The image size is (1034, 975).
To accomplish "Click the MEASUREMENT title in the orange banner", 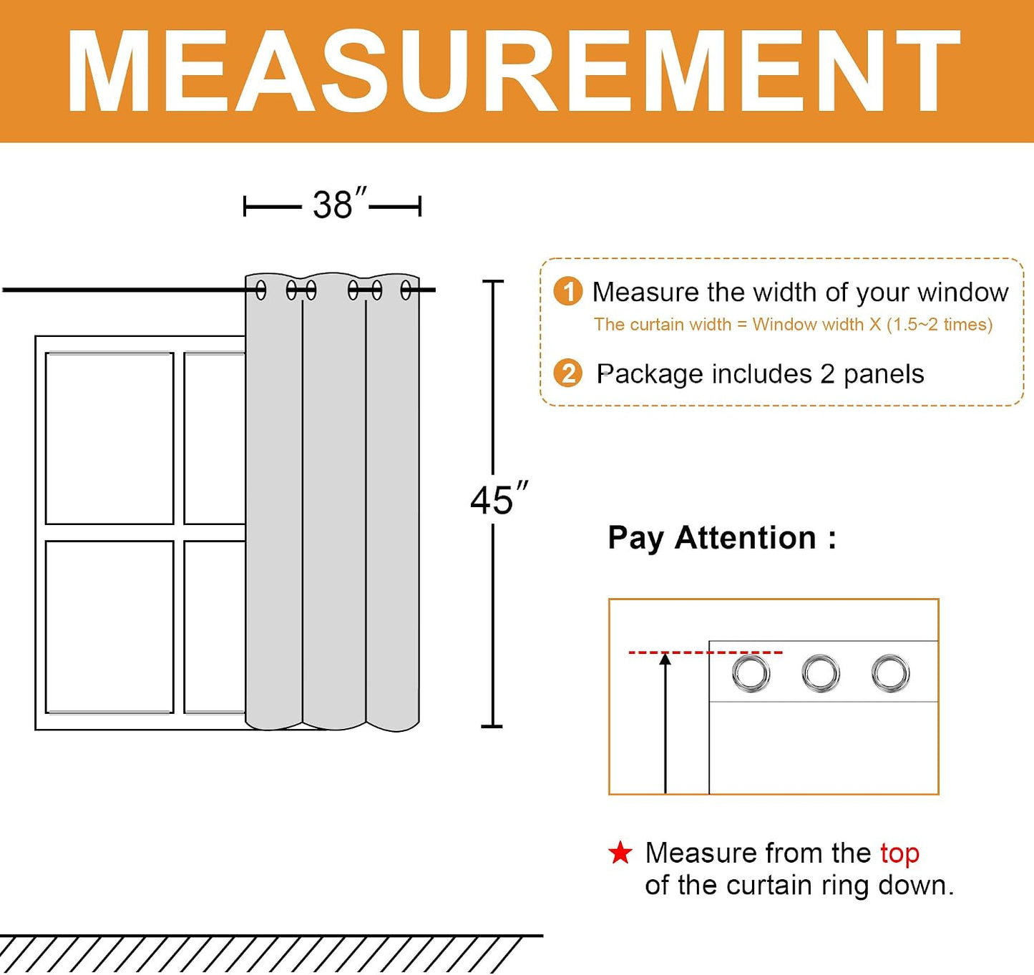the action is [513, 72].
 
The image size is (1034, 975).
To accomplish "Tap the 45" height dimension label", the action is [499, 498].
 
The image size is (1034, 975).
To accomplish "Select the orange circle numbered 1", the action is [568, 292].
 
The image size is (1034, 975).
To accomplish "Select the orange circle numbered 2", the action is [568, 373].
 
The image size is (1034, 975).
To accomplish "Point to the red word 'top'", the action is [899, 853].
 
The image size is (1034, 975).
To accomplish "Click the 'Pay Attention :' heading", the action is [722, 538].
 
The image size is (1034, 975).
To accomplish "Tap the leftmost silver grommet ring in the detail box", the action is [751, 673].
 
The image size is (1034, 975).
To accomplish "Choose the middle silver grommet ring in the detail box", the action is [821, 673].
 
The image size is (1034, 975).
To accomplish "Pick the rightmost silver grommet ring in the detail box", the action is [890, 673].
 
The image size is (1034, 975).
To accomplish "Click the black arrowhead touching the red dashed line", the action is [665, 660].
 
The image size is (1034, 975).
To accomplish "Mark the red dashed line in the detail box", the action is [706, 652].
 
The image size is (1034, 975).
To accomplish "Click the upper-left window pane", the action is [109, 438].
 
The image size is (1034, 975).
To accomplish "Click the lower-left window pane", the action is [109, 627].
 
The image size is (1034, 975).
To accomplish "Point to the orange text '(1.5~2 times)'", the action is [940, 324].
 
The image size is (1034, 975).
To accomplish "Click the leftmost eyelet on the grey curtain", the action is [261, 290].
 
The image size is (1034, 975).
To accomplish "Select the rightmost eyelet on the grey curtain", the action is [406, 290].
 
